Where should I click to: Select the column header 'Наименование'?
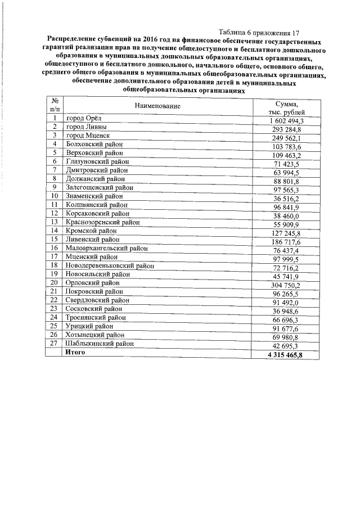[x=157, y=106]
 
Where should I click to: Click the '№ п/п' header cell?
[x=55, y=105]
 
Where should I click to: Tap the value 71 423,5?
[x=288, y=164]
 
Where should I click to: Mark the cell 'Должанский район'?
[x=95, y=178]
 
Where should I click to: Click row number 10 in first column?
[x=55, y=196]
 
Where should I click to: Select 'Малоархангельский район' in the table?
[x=107, y=247]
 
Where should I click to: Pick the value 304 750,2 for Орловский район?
[x=288, y=285]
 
